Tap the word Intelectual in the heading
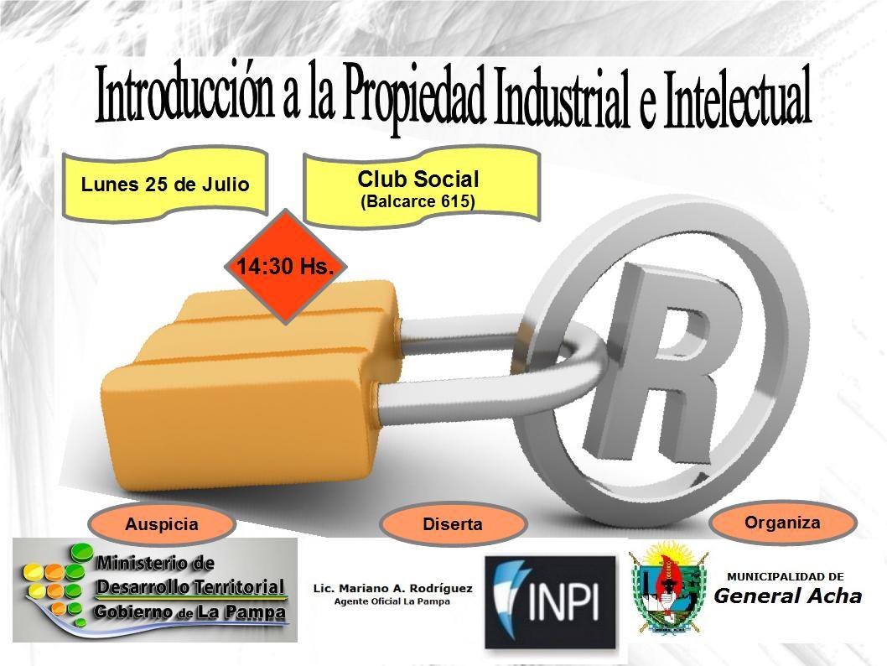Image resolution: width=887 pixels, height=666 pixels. tap(737, 96)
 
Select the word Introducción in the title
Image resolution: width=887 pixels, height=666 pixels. tap(185, 93)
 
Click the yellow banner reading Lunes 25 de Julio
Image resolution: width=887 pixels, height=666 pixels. tap(164, 184)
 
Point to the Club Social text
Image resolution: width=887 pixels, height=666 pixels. tap(418, 179)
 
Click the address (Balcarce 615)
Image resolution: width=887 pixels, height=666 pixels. tap(418, 201)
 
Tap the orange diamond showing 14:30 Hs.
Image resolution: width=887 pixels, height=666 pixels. tap(286, 266)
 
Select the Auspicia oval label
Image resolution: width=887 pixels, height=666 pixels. tap(162, 524)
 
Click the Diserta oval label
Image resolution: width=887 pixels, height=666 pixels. tap(453, 524)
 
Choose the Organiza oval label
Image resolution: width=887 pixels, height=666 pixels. tap(782, 523)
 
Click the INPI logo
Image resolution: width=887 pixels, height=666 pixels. tap(550, 602)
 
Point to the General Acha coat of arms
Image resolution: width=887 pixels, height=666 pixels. tap(669, 586)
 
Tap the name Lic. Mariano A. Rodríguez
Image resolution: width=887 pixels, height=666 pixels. tap(392, 589)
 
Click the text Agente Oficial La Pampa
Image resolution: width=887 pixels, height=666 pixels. tap(392, 601)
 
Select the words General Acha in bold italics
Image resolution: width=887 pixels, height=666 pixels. tap(787, 596)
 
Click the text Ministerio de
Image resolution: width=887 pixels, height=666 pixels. tap(156, 563)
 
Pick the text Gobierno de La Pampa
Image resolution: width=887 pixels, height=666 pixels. tap(189, 612)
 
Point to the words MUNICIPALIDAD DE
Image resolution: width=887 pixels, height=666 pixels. tap(786, 576)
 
